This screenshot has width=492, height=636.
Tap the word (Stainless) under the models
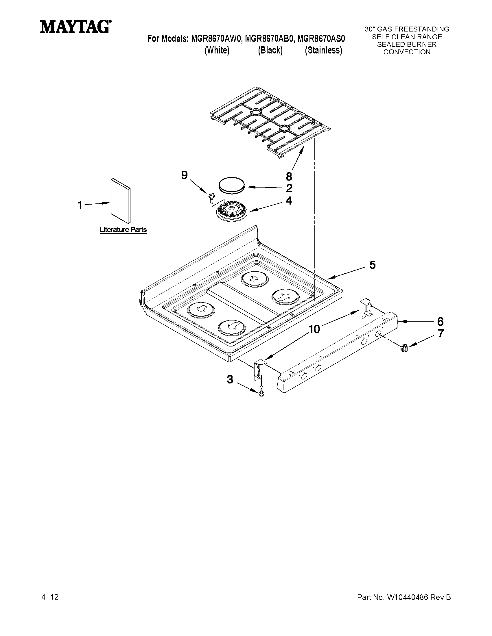coord(323,50)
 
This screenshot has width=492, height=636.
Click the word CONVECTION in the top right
coord(407,52)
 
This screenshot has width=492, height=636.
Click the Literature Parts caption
coord(123,230)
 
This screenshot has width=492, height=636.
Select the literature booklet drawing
coord(120,201)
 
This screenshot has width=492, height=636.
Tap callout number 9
coord(184,175)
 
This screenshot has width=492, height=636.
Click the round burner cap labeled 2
coord(231,185)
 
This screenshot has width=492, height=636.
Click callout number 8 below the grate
coord(289,176)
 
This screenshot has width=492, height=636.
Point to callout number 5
coord(372,265)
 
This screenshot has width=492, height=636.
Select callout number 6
coord(440,322)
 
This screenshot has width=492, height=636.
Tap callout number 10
coord(314,329)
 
